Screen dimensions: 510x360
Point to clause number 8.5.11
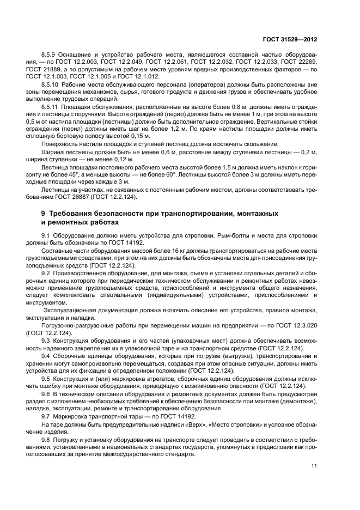[x=51, y=107]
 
